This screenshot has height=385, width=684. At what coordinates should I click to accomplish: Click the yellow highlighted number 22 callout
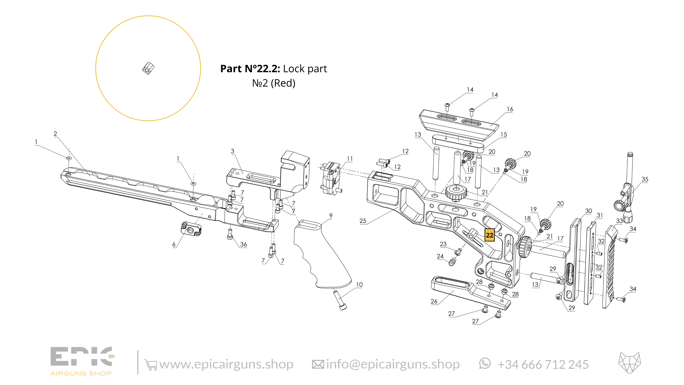pyautogui.click(x=489, y=235)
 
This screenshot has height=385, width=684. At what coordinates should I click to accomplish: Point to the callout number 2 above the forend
pyautogui.click(x=55, y=134)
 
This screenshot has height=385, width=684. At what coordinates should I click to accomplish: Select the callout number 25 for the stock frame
pyautogui.click(x=363, y=221)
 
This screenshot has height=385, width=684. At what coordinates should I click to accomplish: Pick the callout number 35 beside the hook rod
pyautogui.click(x=645, y=179)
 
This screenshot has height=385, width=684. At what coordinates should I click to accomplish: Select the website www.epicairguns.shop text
pyautogui.click(x=226, y=364)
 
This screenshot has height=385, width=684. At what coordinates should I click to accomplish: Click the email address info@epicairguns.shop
pyautogui.click(x=392, y=364)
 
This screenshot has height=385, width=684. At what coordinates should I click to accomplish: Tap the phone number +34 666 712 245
pyautogui.click(x=543, y=364)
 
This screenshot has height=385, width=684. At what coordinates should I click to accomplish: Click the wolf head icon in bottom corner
pyautogui.click(x=630, y=363)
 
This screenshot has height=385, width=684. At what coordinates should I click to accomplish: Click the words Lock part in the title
pyautogui.click(x=305, y=69)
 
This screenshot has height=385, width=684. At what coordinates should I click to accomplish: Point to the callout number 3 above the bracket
pyautogui.click(x=233, y=151)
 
